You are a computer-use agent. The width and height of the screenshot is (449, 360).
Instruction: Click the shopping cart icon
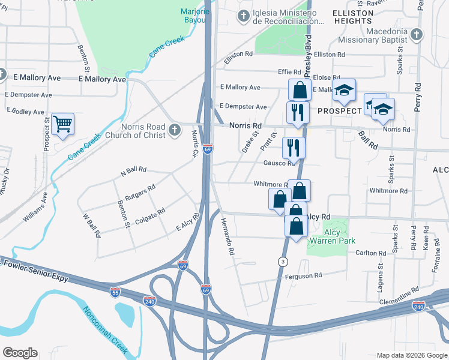(62, 124)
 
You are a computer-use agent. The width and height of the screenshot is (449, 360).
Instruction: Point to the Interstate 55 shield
(115, 292)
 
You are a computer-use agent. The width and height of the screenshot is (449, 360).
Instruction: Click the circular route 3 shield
(283, 261)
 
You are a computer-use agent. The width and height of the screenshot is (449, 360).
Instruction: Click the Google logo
(20, 353)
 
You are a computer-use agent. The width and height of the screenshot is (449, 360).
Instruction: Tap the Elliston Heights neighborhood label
(353, 16)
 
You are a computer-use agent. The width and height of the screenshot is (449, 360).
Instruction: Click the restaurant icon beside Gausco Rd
(294, 147)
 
